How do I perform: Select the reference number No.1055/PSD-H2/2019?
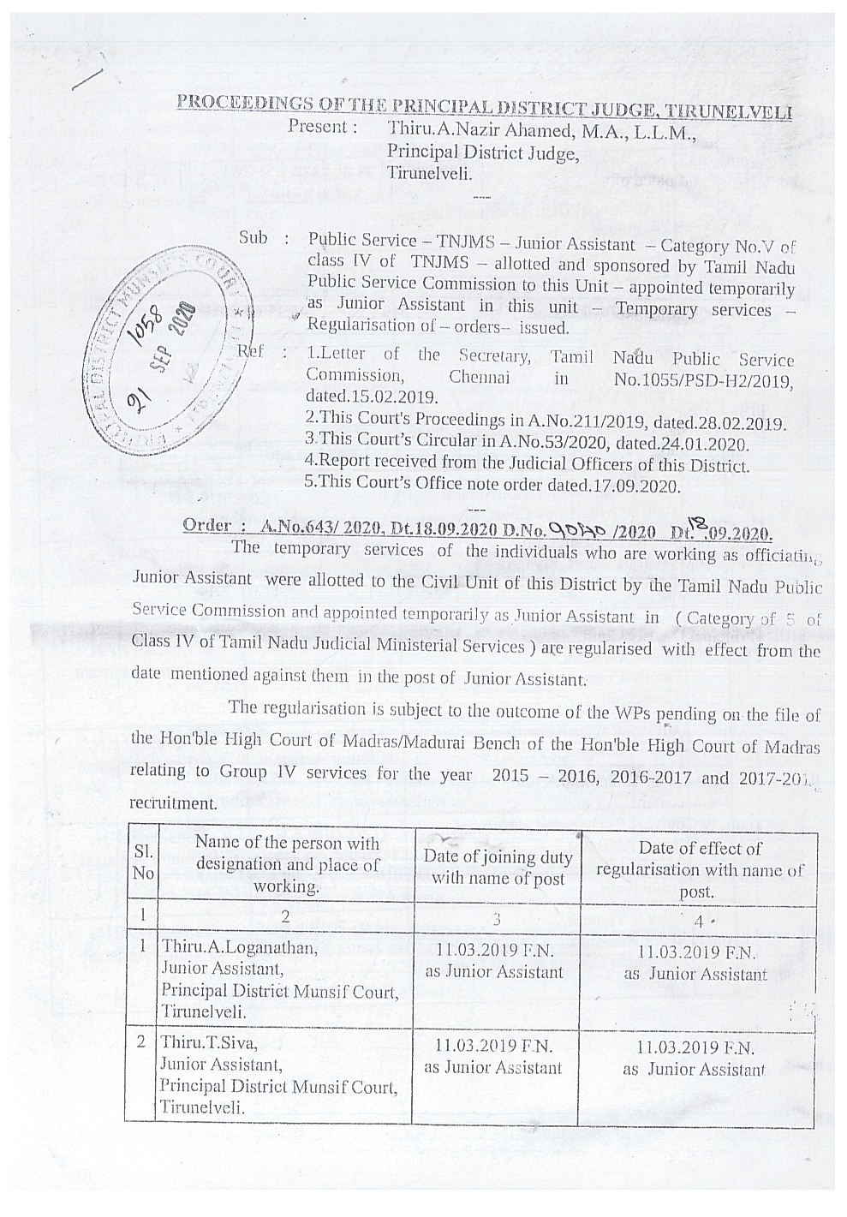(703, 379)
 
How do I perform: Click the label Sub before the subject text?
(253, 238)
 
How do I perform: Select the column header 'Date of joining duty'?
(498, 857)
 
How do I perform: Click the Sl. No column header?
(141, 865)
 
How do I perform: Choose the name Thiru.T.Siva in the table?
(209, 1044)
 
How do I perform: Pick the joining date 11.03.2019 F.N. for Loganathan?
(494, 951)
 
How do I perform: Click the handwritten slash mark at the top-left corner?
(92, 75)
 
